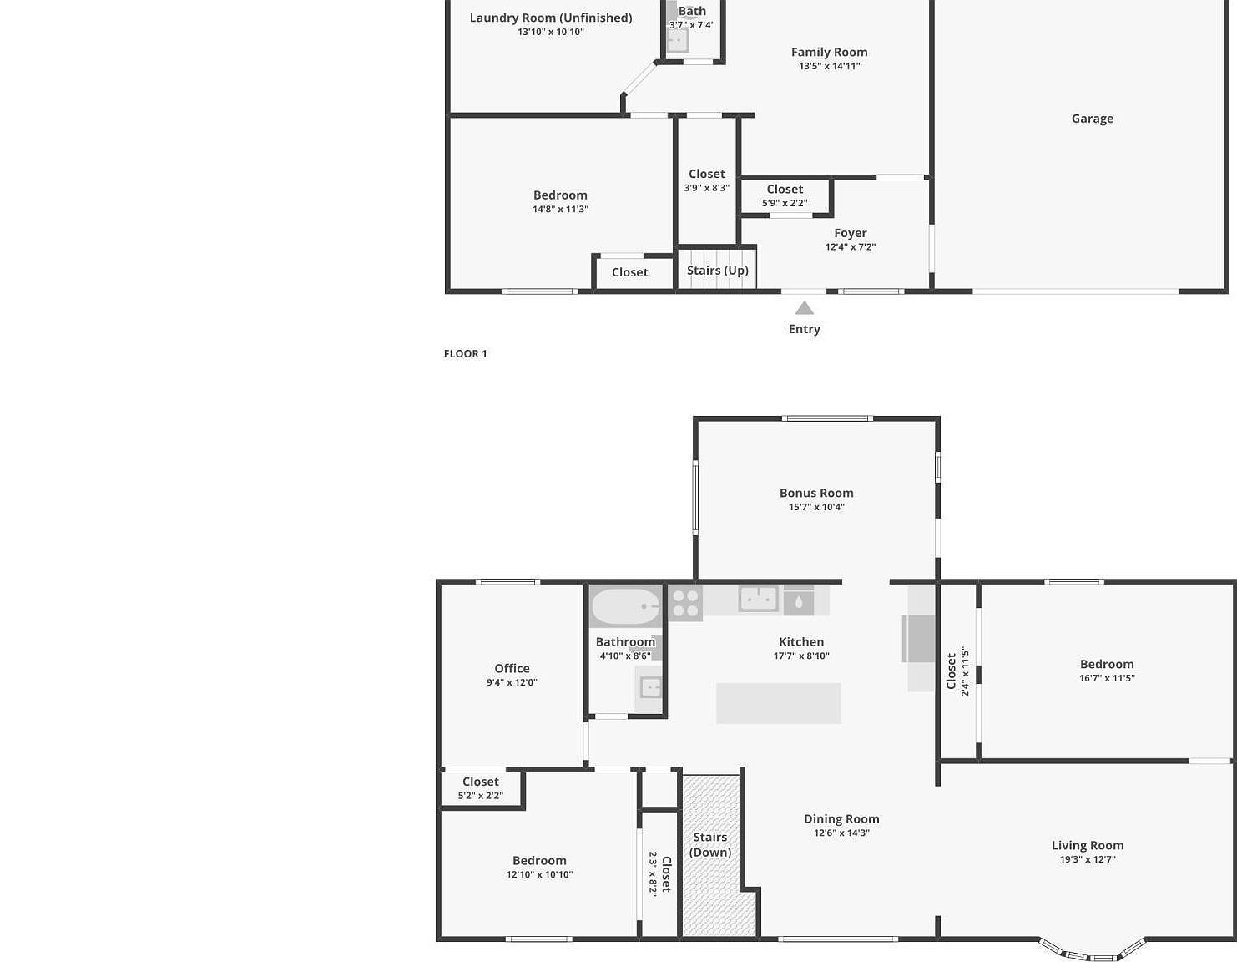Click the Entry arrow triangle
tap(804, 308)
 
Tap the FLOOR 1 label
tap(465, 354)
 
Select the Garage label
tap(1092, 119)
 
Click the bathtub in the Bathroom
tap(625, 606)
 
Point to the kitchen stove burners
tap(685, 604)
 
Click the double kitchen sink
tap(758, 599)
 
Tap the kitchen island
tap(778, 703)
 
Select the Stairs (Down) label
tap(710, 844)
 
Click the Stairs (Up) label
tap(717, 271)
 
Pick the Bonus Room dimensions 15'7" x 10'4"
tap(816, 507)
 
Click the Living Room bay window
tap(1092, 952)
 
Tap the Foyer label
tap(850, 233)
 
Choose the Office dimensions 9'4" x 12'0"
tap(512, 682)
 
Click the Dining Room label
tap(841, 819)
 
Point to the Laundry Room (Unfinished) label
tap(550, 18)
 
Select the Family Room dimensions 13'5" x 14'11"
tap(829, 66)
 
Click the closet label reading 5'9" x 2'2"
tap(785, 203)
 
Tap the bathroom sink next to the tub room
tap(649, 687)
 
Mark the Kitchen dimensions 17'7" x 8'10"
tap(800, 656)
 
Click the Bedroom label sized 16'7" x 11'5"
tap(1106, 665)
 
